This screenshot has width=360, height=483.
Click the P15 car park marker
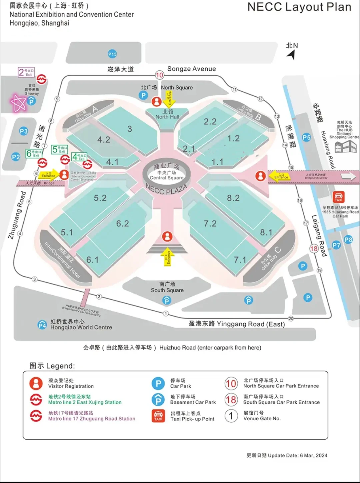tap(112, 54)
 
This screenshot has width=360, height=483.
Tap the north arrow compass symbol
tap(292, 54)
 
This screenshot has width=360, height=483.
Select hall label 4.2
tap(104, 139)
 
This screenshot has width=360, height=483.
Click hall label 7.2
tap(210, 223)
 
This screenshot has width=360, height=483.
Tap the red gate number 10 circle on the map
tap(160, 75)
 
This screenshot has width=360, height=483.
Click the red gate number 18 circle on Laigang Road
tap(314, 249)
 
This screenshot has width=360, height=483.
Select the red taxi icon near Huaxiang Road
tap(338, 197)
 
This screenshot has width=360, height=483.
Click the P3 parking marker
tap(24, 131)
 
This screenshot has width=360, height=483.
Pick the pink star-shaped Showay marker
tap(18, 103)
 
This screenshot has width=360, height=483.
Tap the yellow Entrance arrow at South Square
tap(167, 257)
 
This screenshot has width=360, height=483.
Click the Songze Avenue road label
tap(191, 69)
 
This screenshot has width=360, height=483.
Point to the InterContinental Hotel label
tap(63, 260)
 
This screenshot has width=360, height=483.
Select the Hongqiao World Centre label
tap(81, 325)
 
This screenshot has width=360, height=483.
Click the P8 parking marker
tap(348, 239)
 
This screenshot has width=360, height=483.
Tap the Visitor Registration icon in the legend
tap(36, 383)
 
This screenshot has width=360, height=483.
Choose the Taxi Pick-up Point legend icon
tap(158, 416)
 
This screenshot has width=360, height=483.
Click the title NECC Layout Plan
tap(299, 7)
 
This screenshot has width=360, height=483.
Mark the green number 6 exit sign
tap(34, 153)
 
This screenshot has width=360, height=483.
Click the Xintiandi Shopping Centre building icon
tap(345, 146)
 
